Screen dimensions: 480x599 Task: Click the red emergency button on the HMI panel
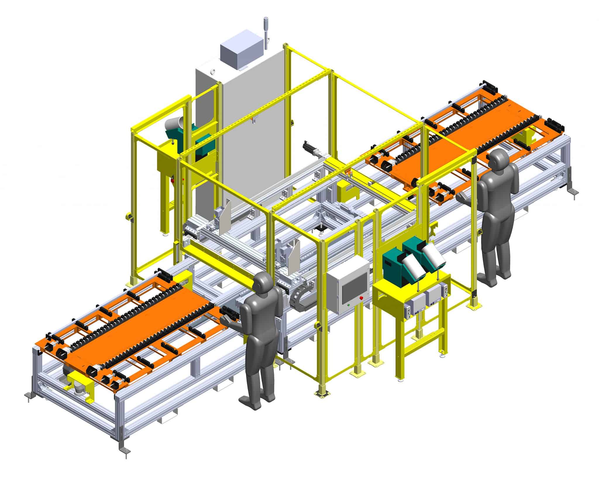pos(362,298)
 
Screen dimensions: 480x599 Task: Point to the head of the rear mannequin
pos(498,160)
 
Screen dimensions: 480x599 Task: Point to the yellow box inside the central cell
pos(347,190)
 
